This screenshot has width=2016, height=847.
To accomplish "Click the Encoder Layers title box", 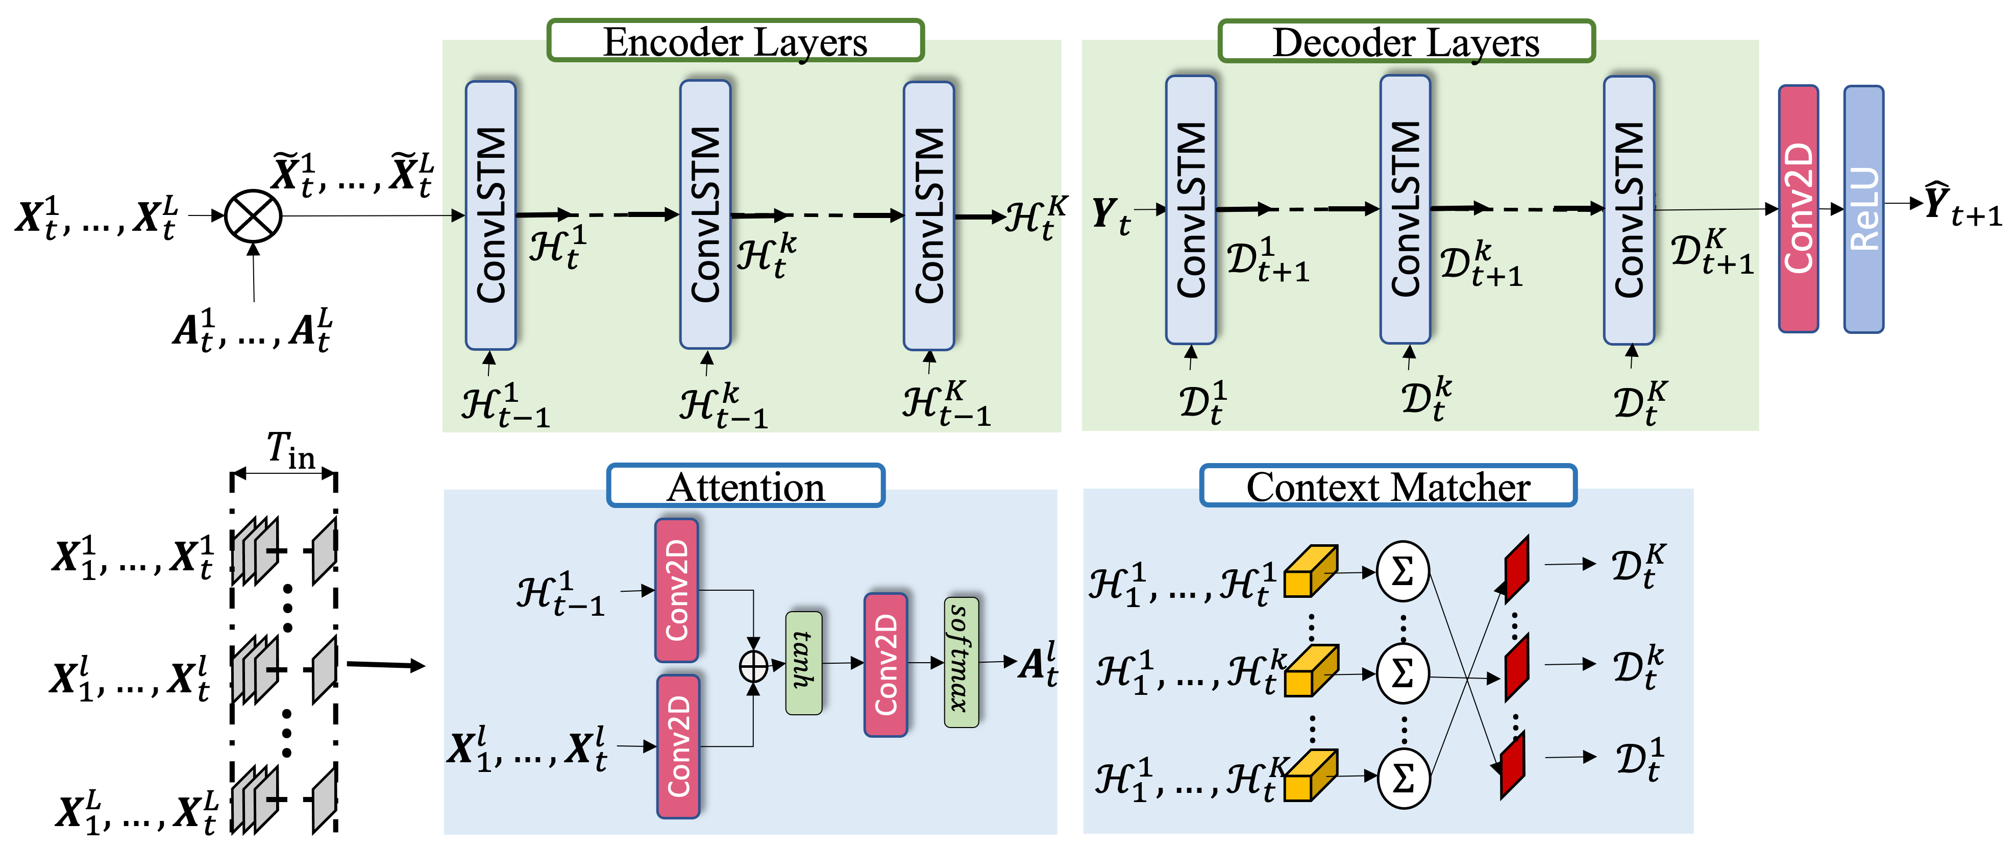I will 735,41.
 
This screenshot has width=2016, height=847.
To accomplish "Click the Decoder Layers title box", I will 1406,41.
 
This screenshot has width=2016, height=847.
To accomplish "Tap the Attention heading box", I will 745,486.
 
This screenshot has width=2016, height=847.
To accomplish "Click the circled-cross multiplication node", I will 253,216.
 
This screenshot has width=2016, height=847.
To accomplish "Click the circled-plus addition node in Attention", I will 754,666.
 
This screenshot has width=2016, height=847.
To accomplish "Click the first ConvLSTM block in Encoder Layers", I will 490,215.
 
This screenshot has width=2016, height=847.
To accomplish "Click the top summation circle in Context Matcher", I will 1403,571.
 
